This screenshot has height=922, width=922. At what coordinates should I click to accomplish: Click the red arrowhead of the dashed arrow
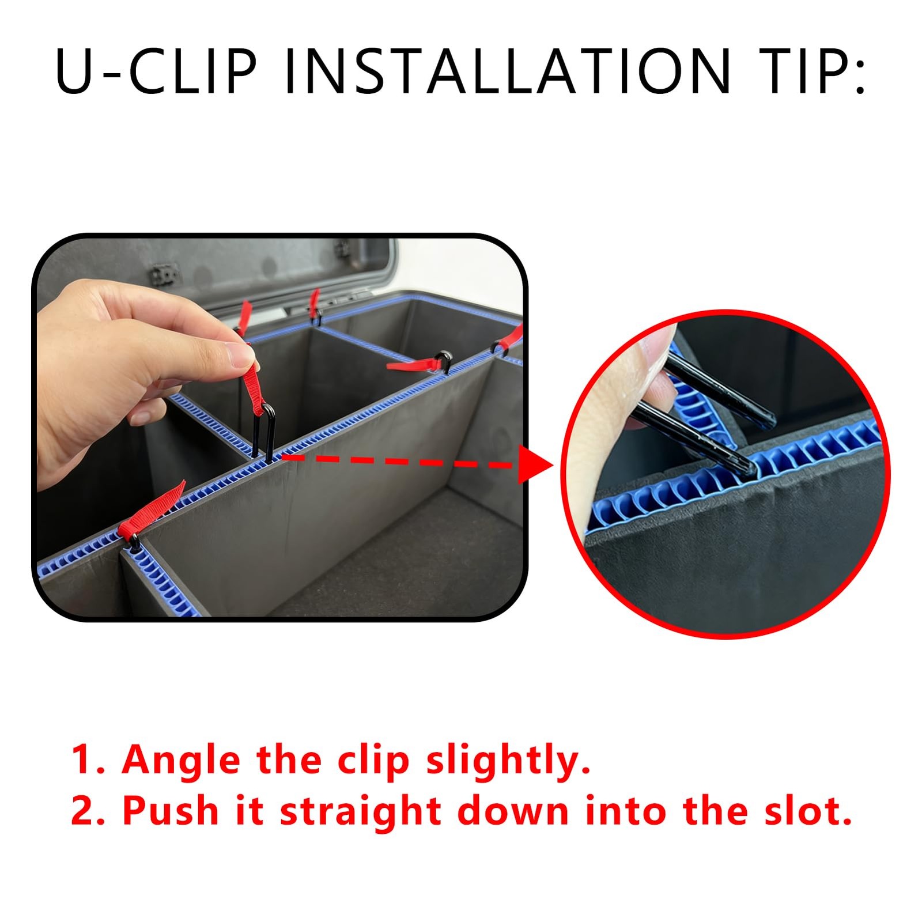535,464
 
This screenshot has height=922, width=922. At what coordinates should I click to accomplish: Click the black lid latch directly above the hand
165,274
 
